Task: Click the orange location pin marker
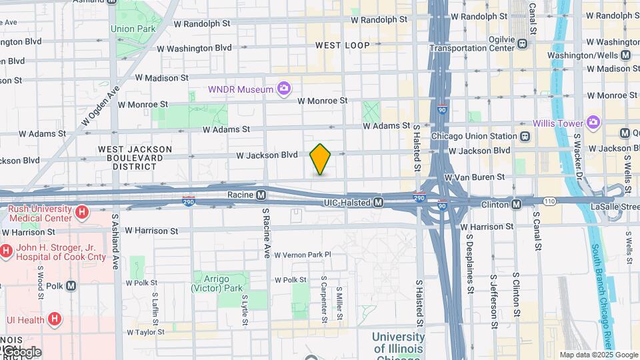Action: tap(321, 159)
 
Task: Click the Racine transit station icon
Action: tap(261, 195)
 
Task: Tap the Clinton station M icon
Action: tap(517, 203)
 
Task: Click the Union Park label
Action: tap(133, 29)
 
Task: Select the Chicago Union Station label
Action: tap(474, 137)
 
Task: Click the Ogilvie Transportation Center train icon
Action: tap(522, 43)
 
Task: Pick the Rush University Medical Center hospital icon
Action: tap(82, 213)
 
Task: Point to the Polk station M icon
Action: tap(71, 285)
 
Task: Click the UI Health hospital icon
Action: tap(55, 320)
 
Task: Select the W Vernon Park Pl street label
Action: tap(303, 255)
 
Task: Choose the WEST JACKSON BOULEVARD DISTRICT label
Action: tap(135, 158)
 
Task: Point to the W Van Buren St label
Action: tap(473, 178)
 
